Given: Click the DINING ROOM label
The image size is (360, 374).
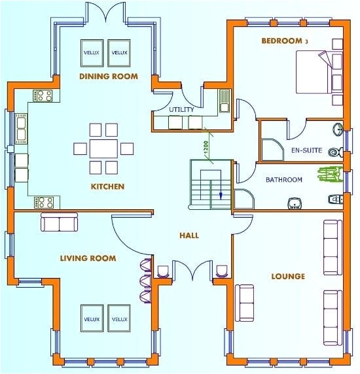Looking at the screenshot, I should click(108, 76).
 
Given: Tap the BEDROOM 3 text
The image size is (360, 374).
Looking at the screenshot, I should click(284, 41).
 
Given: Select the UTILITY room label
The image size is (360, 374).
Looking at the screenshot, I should click(181, 109).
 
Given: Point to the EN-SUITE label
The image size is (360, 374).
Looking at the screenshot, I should click(306, 150).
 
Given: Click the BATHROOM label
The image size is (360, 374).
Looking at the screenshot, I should click(283, 180).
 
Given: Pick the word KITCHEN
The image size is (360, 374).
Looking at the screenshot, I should click(107, 187).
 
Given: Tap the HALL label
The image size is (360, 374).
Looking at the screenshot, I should click(189, 235).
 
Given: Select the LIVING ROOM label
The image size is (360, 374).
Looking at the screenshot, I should click(88, 258).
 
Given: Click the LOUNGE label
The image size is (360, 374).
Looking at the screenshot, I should click(288, 277).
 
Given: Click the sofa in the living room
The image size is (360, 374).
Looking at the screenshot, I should click(59, 224).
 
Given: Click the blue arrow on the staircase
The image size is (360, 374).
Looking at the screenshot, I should click(221, 194).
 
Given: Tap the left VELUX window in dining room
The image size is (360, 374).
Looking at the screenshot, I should click(91, 52).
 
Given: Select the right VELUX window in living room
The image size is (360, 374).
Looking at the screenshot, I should click(119, 319).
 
